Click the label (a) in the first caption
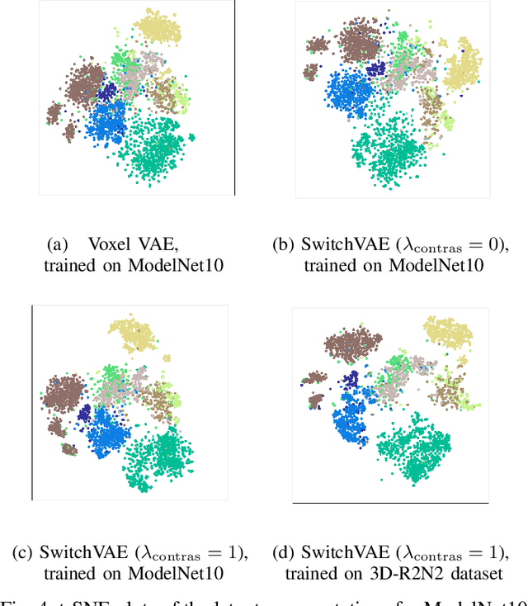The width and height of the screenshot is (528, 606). [x=57, y=244]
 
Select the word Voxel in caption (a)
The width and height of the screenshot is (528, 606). [x=105, y=244]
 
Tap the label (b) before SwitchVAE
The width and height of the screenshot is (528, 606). [x=284, y=244]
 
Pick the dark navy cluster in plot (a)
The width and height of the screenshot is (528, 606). [x=108, y=92]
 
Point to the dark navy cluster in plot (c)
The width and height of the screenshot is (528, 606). [x=84, y=412]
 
